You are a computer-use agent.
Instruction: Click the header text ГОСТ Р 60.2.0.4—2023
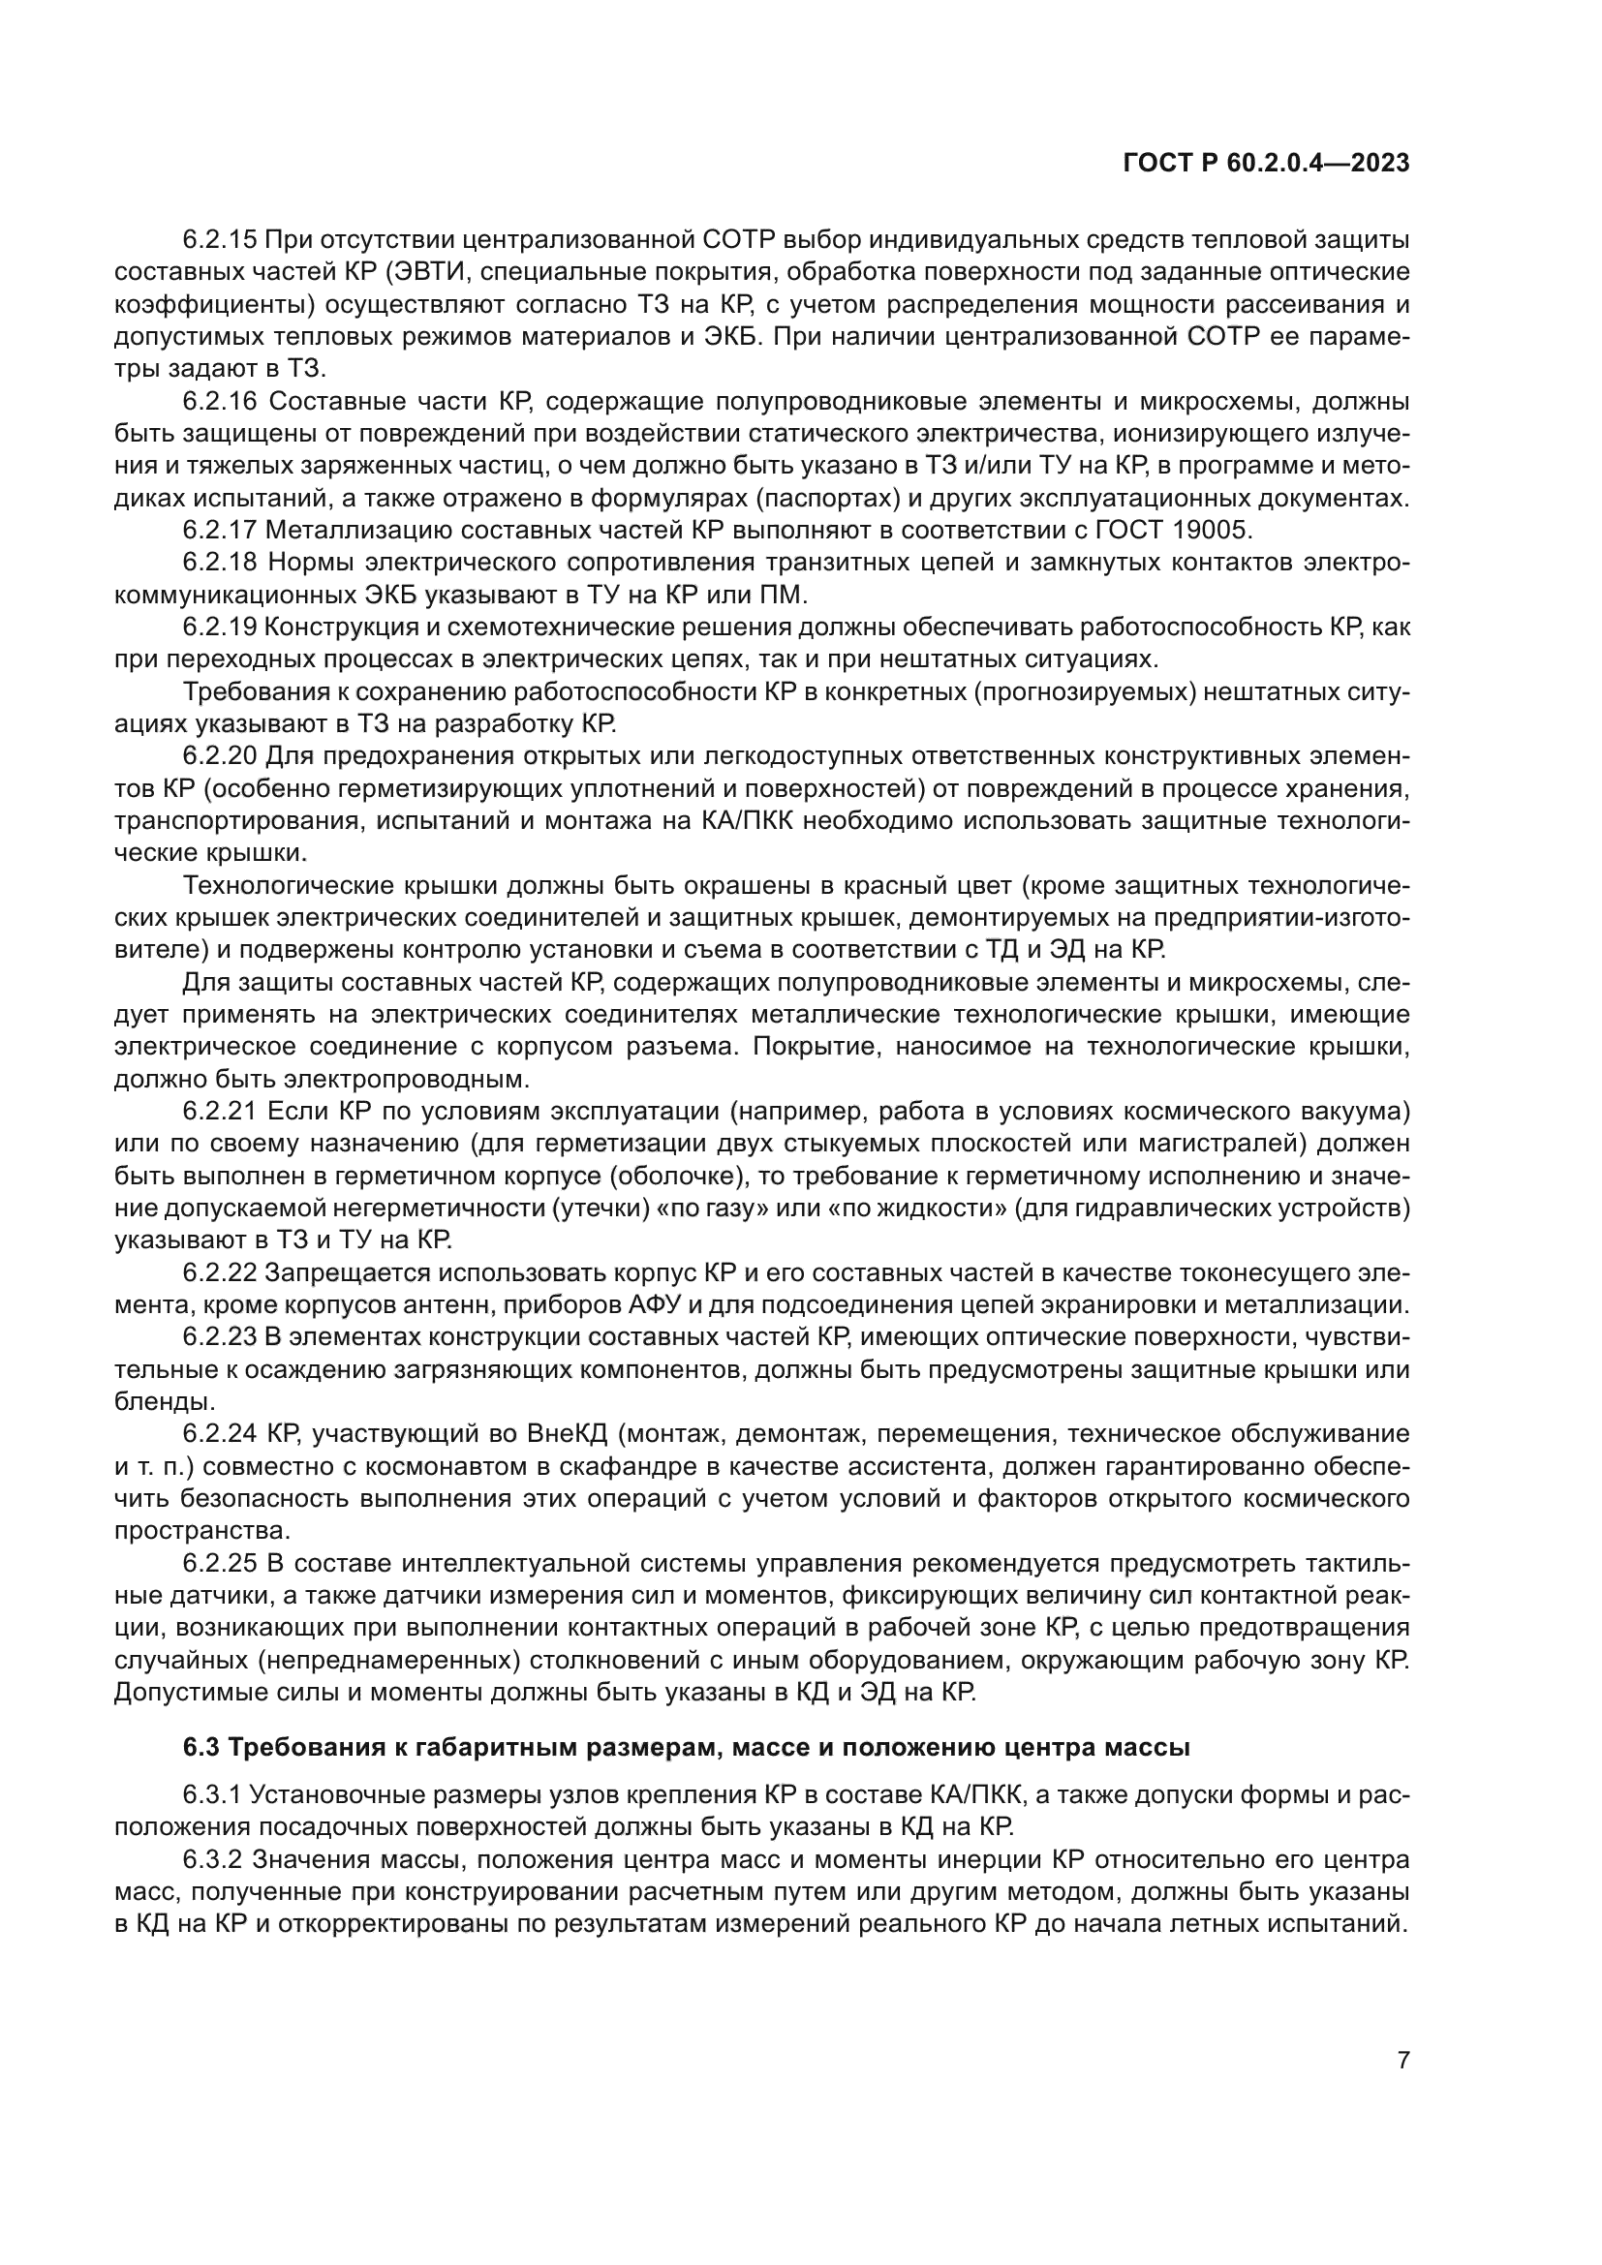[x=1266, y=164]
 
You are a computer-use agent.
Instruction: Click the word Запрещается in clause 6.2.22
[x=350, y=1272]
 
